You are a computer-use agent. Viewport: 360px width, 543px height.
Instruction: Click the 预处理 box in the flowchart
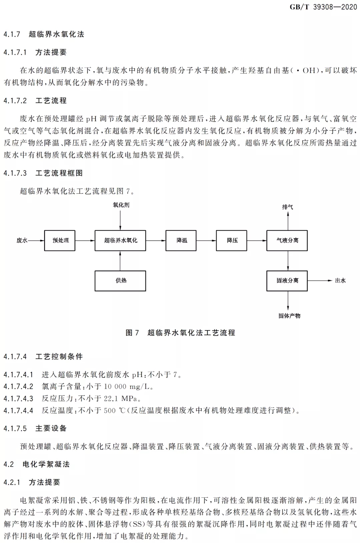[x=60, y=240]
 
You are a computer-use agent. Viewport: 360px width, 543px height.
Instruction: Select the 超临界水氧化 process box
[x=120, y=240]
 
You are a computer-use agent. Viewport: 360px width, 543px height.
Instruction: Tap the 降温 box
[x=181, y=240]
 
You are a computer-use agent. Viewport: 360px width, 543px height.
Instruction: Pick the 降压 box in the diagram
[x=232, y=240]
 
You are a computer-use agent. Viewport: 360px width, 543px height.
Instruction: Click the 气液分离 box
[x=287, y=240]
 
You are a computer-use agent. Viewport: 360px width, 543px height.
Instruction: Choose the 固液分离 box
[x=287, y=281]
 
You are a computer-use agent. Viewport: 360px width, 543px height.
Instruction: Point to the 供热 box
[x=120, y=281]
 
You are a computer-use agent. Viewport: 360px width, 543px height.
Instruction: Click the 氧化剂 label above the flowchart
[x=121, y=205]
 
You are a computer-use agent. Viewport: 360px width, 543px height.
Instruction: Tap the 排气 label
[x=288, y=207]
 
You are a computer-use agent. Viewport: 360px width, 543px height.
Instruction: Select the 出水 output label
[x=340, y=281]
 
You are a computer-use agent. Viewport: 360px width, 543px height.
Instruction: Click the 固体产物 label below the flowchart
[x=289, y=316]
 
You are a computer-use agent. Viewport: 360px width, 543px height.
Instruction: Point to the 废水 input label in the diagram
[x=22, y=240]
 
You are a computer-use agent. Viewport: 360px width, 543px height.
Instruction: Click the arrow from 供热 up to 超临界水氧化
[x=120, y=261]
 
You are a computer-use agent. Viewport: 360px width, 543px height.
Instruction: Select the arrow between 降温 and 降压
[x=206, y=240]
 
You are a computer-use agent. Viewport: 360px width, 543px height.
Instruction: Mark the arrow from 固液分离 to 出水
[x=320, y=281]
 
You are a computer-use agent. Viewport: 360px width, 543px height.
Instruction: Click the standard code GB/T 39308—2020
[x=323, y=7]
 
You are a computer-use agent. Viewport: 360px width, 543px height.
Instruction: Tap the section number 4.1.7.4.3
[x=18, y=398]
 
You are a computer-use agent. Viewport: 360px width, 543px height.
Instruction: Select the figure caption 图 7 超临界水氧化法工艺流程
[x=180, y=333]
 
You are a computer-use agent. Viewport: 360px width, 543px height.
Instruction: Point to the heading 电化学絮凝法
[x=46, y=464]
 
